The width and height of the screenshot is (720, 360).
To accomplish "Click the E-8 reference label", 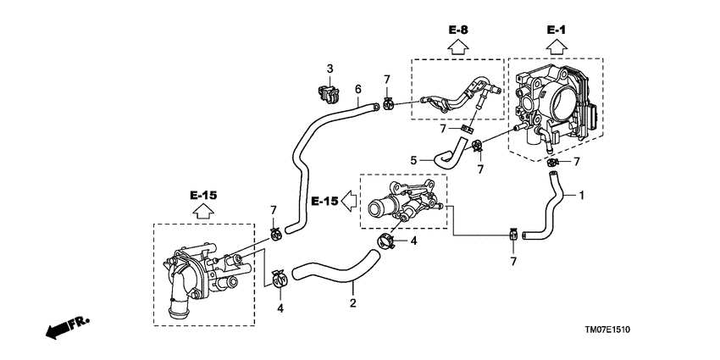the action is tap(458, 30).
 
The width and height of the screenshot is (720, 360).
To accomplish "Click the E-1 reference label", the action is tap(556, 30).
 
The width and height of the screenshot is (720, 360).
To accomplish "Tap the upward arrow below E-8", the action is tap(458, 47).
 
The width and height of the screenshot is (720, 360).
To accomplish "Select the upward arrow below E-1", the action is tap(556, 47).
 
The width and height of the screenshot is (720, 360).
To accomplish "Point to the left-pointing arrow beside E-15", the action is tap(351, 201).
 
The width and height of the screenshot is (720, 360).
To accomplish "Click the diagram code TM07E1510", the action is tap(607, 330).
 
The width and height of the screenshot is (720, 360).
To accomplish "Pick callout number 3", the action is tap(330, 69).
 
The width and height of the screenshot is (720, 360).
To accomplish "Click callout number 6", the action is tap(357, 89).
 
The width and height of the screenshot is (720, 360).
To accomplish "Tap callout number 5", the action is tap(413, 160).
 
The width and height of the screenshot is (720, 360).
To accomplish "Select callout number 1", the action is tap(581, 196).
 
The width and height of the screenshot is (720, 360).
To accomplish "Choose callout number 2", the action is tap(352, 303).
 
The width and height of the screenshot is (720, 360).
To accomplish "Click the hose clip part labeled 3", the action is tap(329, 94).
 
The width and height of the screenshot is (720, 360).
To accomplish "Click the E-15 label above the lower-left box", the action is tap(203, 196).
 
